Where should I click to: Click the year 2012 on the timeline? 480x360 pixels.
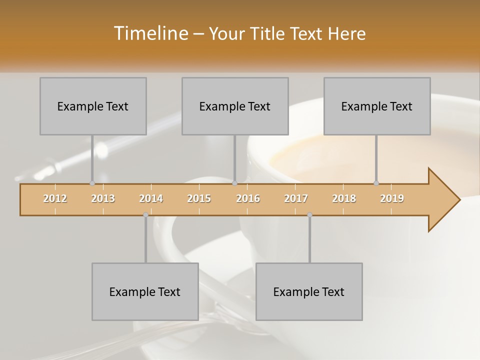pyautogui.click(x=55, y=198)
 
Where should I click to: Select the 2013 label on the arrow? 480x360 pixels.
pyautogui.click(x=103, y=198)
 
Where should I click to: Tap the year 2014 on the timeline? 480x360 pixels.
pyautogui.click(x=151, y=198)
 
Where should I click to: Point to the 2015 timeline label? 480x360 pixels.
pyautogui.click(x=199, y=198)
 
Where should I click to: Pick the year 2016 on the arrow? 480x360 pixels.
pyautogui.click(x=248, y=198)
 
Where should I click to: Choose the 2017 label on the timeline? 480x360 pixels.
pyautogui.click(x=296, y=198)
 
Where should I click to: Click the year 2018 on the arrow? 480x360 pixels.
pyautogui.click(x=344, y=198)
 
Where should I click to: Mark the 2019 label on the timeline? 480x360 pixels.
pyautogui.click(x=392, y=198)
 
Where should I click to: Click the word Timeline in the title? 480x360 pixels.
pyautogui.click(x=150, y=33)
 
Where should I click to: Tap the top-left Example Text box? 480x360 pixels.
pyautogui.click(x=93, y=106)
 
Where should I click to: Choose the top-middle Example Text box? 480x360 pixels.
pyautogui.click(x=235, y=106)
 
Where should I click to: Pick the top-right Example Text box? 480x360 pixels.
pyautogui.click(x=377, y=106)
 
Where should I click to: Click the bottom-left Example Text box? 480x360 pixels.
pyautogui.click(x=145, y=291)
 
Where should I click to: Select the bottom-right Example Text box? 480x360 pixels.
pyautogui.click(x=309, y=291)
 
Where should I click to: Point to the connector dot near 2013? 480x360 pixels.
pyautogui.click(x=92, y=183)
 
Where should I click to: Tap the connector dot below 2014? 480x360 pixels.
pyautogui.click(x=145, y=214)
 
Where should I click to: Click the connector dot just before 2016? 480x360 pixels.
pyautogui.click(x=235, y=183)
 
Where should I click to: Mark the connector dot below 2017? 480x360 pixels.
pyautogui.click(x=309, y=214)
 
